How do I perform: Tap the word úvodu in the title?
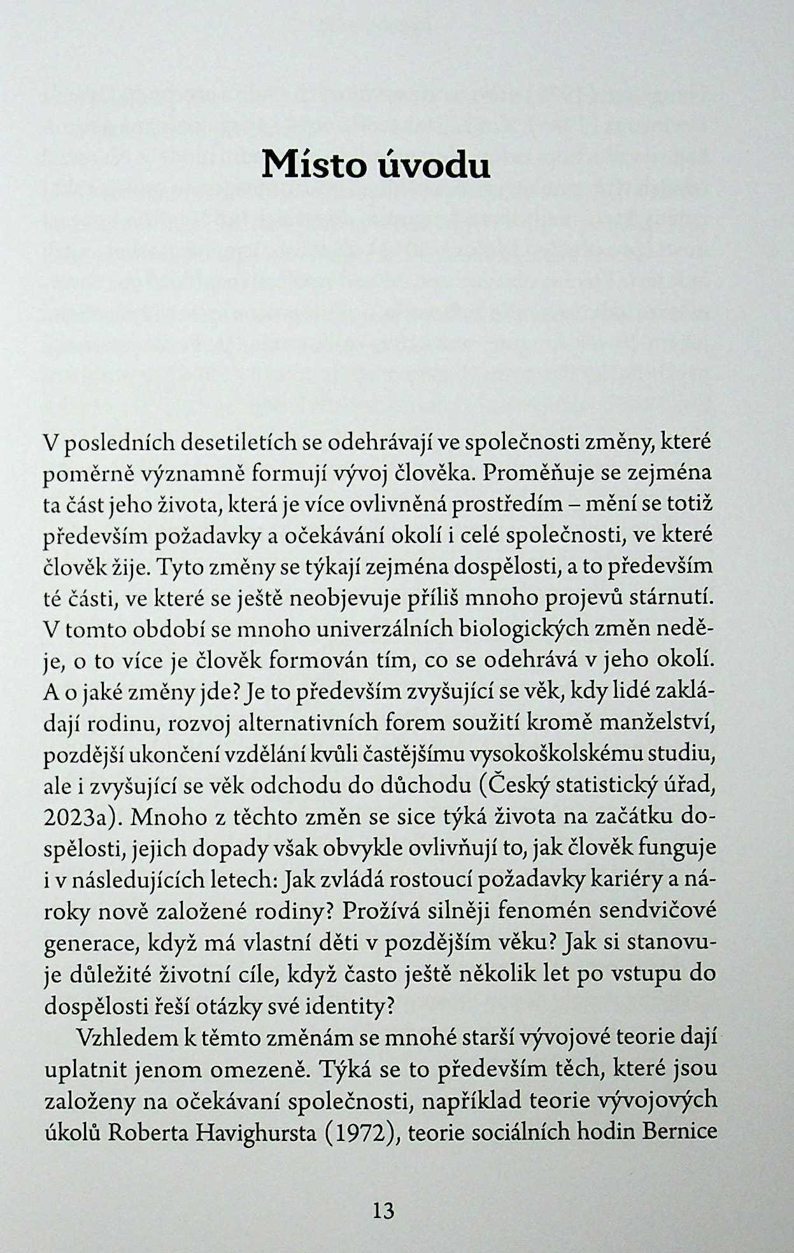click(436, 165)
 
